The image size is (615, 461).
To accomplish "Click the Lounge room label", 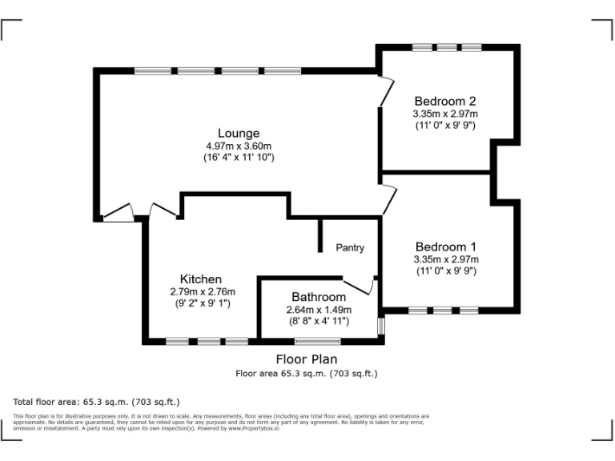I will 239,133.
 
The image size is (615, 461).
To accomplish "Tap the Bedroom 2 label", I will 445,101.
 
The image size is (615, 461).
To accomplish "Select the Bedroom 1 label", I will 445,247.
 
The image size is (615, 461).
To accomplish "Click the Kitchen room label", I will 200,279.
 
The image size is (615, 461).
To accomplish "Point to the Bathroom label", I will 319,297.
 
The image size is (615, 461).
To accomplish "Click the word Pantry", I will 350,248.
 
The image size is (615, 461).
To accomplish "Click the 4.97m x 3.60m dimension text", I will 239,146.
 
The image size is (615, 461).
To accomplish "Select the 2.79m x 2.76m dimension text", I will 200,292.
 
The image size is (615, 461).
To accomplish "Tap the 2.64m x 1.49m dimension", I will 319,310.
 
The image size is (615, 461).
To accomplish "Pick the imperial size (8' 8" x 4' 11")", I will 319,322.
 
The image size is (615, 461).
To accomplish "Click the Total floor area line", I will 97,401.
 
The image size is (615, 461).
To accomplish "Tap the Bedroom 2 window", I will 448,47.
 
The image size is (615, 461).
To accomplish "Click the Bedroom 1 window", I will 443,310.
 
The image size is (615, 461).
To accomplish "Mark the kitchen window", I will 207,342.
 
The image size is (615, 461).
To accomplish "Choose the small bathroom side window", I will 381,326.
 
